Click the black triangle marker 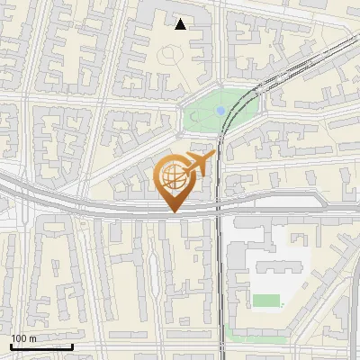point(181,24)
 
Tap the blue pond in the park point(220,110)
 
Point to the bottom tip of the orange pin point(174,212)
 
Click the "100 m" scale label point(23,338)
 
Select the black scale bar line point(41,346)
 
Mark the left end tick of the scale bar point(11,346)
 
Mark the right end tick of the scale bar point(72,346)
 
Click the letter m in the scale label point(32,338)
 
